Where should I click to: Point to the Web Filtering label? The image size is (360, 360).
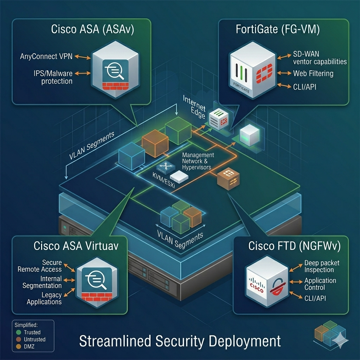point(313,73)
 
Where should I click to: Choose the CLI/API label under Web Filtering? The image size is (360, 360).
point(304,86)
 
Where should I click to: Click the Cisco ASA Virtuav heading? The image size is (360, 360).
point(76,246)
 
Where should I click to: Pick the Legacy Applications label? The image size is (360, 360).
point(44,298)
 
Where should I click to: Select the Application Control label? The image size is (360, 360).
point(320,284)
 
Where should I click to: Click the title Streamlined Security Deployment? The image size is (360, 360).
point(180,341)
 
